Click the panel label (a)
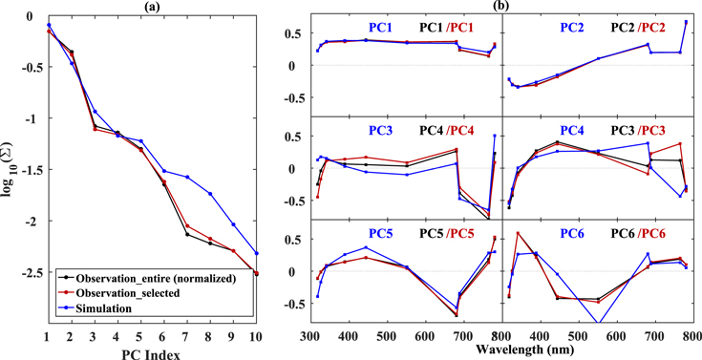pos(150,6)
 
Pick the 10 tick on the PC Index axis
pos(255,337)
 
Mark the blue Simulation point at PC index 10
pos(255,253)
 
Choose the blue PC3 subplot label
pos(380,130)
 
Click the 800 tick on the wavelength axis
pos(693,337)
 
